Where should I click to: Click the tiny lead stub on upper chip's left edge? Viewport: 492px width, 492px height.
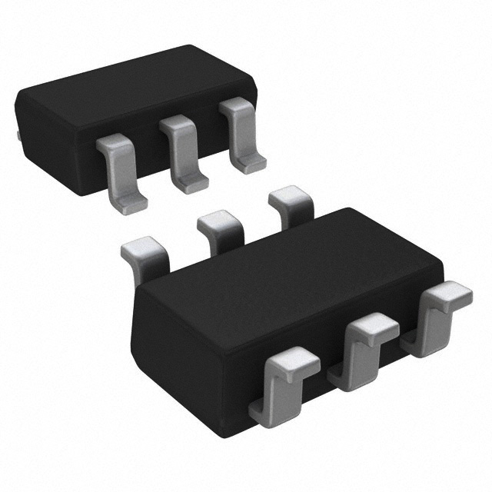[x=17, y=135]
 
